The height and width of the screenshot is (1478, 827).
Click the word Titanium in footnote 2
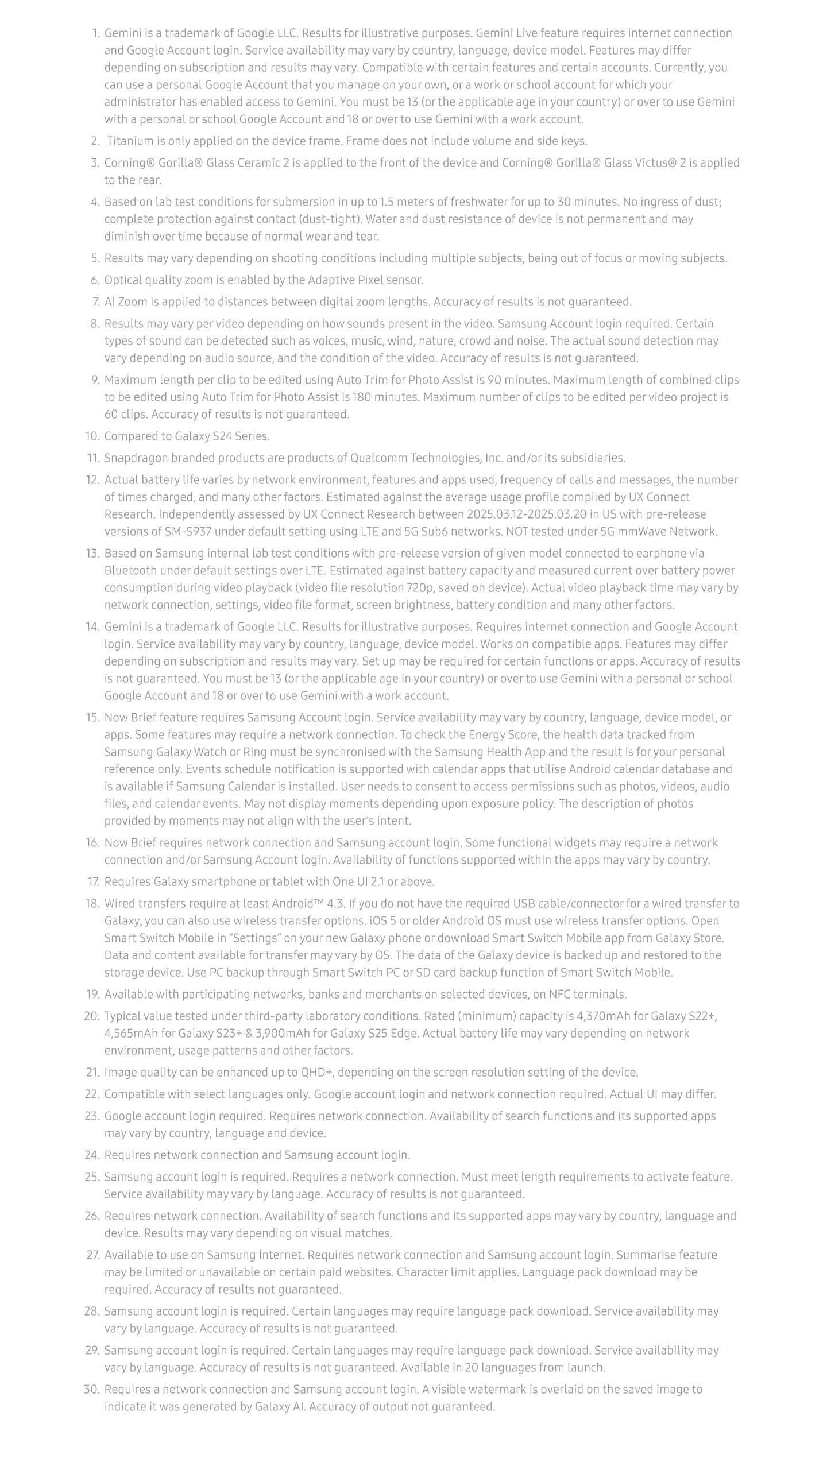coord(127,141)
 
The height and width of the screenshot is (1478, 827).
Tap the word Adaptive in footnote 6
coord(331,280)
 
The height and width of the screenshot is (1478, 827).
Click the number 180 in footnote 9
coord(361,397)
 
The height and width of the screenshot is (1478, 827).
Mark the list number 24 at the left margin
coord(92,1155)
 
